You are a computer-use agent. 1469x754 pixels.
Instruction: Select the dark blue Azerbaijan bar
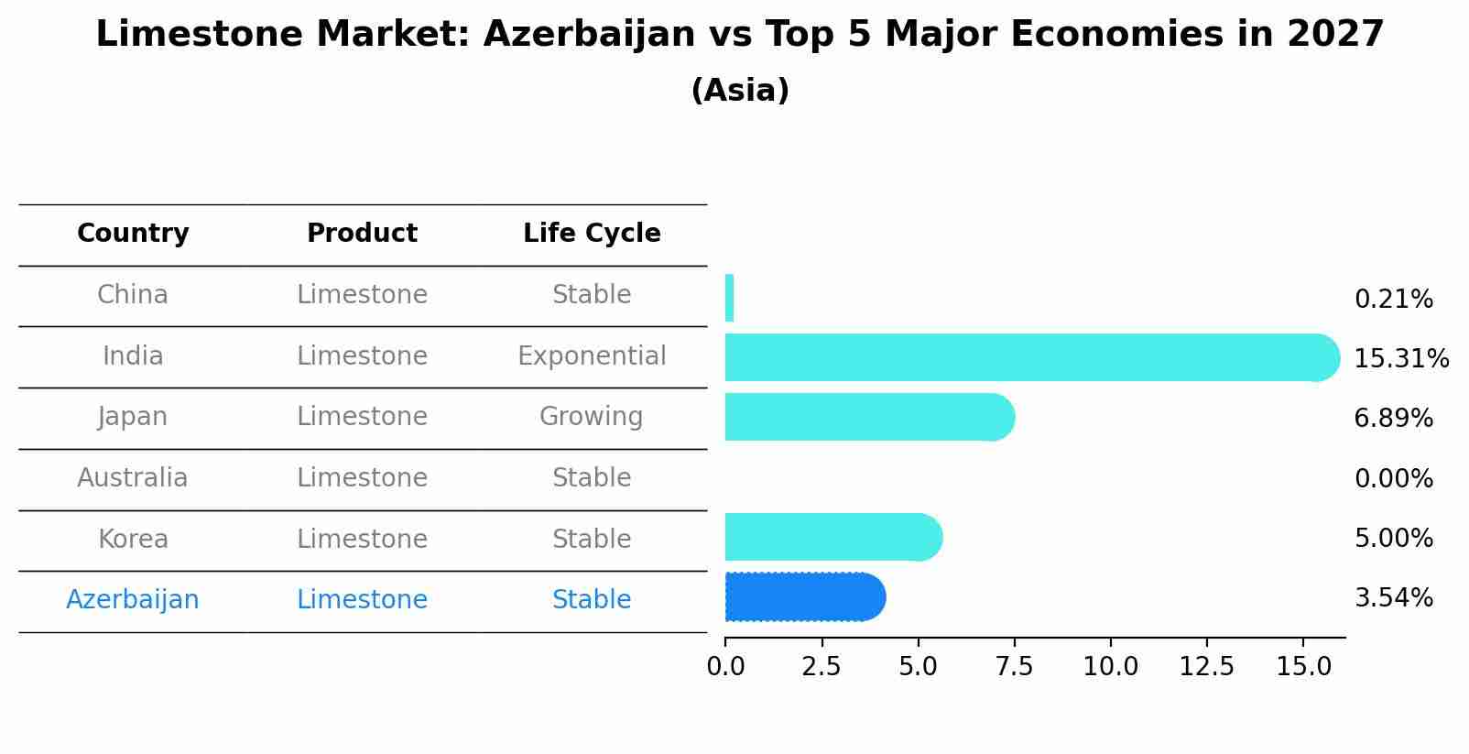804,597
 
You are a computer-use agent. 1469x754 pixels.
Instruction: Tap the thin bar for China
729,298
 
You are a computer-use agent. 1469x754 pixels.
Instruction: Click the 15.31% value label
1400,358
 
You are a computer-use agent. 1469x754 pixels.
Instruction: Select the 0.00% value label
1393,478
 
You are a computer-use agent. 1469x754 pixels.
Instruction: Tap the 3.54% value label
1393,598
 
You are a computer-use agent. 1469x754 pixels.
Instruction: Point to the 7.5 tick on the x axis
1014,667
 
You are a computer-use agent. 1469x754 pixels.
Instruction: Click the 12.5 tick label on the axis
1206,667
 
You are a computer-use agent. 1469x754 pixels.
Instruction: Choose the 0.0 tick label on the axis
725,667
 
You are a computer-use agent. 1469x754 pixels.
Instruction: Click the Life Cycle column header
592,234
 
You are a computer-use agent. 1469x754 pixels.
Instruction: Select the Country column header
133,234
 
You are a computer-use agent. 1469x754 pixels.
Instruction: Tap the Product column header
362,234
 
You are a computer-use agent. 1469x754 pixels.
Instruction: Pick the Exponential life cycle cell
592,355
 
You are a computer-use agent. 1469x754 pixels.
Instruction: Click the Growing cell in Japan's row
592,417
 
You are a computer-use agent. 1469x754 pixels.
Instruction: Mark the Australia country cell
133,478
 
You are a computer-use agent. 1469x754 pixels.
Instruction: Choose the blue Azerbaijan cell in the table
133,600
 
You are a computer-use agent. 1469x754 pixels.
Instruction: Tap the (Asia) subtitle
740,91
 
